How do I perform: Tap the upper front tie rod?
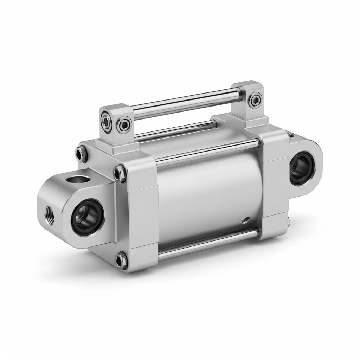(x=207, y=152)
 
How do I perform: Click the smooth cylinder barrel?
(x=207, y=197)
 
